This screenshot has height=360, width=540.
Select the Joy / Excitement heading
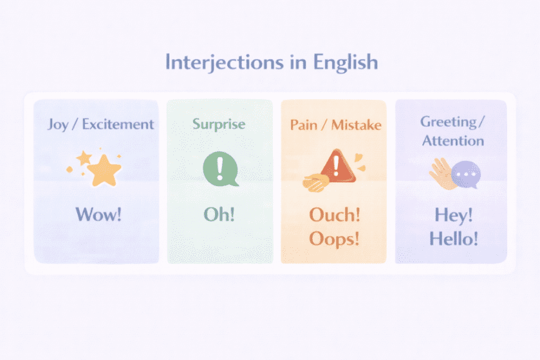pyautogui.click(x=100, y=124)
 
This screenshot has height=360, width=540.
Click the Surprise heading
pyautogui.click(x=219, y=123)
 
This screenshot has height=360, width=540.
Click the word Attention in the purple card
pyautogui.click(x=452, y=140)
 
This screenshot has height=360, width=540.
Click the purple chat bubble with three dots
pyautogui.click(x=465, y=175)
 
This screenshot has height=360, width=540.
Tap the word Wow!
pyautogui.click(x=98, y=214)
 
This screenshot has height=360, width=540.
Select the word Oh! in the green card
pyautogui.click(x=219, y=214)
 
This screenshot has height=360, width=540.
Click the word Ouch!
pyautogui.click(x=334, y=214)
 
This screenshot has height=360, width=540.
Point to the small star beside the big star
pyautogui.click(x=84, y=157)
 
